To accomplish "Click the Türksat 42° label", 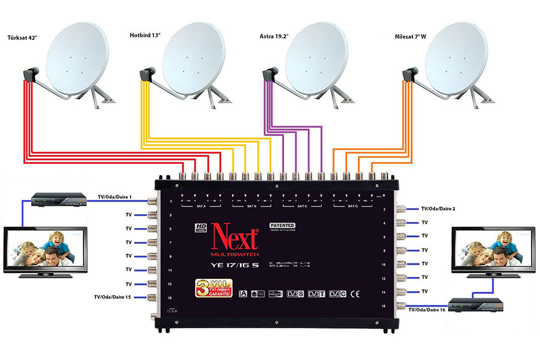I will pyautogui.click(x=22, y=38).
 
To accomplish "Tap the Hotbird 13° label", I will pyautogui.click(x=145, y=35).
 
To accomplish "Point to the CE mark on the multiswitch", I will pyautogui.click(x=354, y=293).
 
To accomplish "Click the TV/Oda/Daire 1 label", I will pyautogui.click(x=114, y=196).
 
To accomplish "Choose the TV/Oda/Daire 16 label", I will pyautogui.click(x=428, y=310).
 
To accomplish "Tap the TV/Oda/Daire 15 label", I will pyautogui.click(x=112, y=296).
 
